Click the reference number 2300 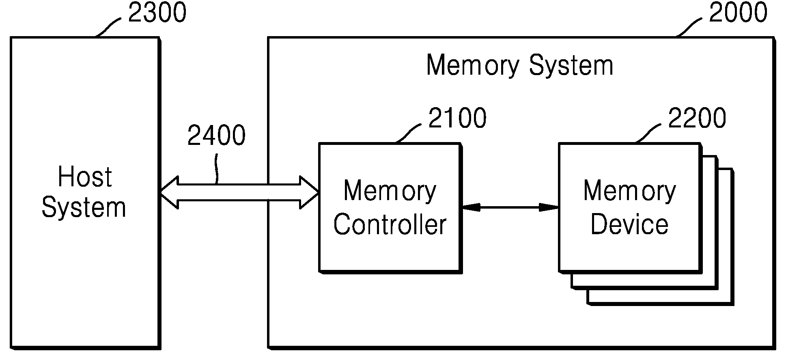click(157, 13)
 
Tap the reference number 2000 click(738, 13)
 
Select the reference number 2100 click(457, 118)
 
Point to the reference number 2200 click(697, 118)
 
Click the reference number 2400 click(216, 135)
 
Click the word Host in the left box click(84, 177)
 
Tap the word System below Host click(84, 207)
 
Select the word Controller click(390, 225)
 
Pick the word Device click(629, 224)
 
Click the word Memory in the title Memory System click(473, 66)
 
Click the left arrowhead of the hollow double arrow click(169, 193)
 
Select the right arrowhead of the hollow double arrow click(309, 192)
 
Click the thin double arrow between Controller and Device click(510, 207)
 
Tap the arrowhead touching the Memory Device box click(549, 207)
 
